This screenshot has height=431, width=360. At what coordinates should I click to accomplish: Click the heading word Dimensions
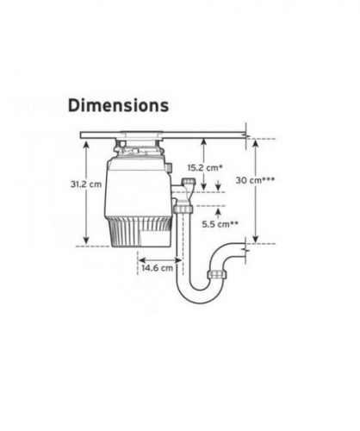(118, 105)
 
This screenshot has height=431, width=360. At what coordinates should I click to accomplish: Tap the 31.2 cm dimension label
(86, 184)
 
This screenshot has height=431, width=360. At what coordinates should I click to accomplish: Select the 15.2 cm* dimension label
(205, 167)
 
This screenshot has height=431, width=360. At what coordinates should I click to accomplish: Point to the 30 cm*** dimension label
(255, 180)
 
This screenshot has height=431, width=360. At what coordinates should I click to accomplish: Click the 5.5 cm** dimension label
(220, 224)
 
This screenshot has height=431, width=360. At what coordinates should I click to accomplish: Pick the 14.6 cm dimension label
(158, 268)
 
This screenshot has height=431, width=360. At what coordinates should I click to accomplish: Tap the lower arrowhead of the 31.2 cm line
(86, 240)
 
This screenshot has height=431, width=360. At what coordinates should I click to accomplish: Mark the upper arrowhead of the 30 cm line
(256, 143)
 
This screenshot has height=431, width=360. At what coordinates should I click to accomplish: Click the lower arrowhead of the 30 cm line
(256, 240)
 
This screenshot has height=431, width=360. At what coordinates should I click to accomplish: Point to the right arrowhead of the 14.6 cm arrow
(179, 260)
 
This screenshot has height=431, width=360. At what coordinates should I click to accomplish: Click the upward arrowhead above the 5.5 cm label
(218, 212)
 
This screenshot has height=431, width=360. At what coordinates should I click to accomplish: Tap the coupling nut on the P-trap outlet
(217, 274)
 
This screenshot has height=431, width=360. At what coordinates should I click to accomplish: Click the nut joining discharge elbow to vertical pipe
(183, 209)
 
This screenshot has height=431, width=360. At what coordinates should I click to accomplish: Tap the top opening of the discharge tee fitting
(189, 181)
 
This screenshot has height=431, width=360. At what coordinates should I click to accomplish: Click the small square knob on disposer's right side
(170, 167)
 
